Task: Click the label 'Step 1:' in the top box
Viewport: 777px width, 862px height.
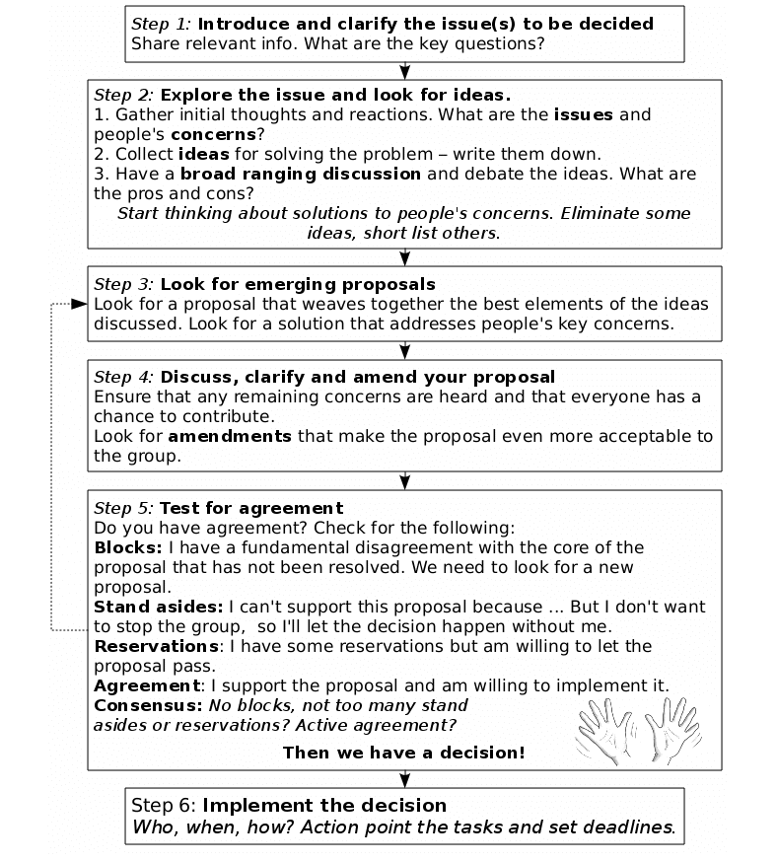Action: [x=161, y=24]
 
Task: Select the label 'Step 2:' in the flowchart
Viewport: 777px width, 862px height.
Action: [x=123, y=96]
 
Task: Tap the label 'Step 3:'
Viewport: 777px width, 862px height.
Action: [x=123, y=284]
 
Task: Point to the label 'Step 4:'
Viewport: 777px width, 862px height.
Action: [x=123, y=378]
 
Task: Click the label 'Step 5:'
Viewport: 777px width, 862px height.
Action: [x=123, y=508]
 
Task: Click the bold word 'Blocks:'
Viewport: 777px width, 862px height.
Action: [x=128, y=547]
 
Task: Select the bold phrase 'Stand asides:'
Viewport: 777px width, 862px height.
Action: [x=159, y=607]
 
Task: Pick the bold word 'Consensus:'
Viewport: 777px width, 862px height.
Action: [x=148, y=705]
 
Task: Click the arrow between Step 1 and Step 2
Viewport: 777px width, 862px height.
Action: [x=405, y=71]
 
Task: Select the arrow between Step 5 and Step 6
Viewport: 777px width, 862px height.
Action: [x=405, y=778]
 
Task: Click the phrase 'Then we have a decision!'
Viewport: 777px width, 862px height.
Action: [x=403, y=753]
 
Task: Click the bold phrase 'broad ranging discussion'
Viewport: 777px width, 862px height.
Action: [x=300, y=174]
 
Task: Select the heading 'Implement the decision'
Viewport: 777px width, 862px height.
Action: [x=324, y=805]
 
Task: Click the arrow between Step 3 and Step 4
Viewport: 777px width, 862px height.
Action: [x=405, y=351]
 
